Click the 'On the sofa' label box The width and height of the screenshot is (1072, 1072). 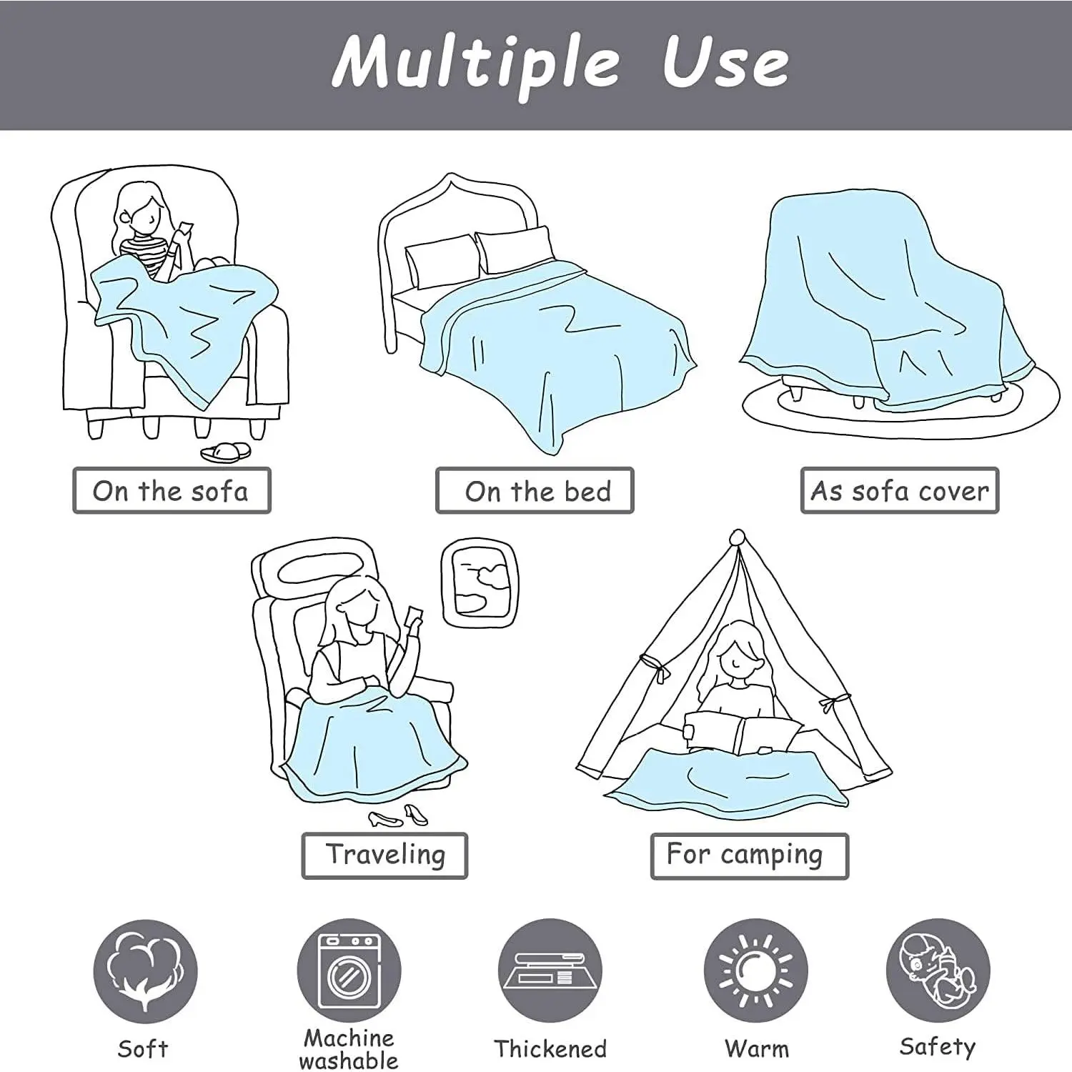[x=172, y=490]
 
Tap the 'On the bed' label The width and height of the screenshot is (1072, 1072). [x=535, y=490]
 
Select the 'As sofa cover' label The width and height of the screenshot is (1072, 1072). [x=899, y=490]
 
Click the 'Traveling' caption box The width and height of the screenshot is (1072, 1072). [x=384, y=855]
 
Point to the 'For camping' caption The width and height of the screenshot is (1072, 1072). [x=749, y=855]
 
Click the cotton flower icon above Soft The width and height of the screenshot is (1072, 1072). [x=145, y=971]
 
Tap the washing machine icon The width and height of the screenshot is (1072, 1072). [x=349, y=971]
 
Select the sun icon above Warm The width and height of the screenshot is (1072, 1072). [x=755, y=971]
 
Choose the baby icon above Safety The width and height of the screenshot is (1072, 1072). [x=938, y=971]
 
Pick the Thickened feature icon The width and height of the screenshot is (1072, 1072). [x=550, y=971]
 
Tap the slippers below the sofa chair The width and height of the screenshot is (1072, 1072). [x=226, y=452]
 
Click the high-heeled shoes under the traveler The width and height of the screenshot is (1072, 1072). [x=397, y=815]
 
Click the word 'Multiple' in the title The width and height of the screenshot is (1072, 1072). [x=476, y=64]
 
